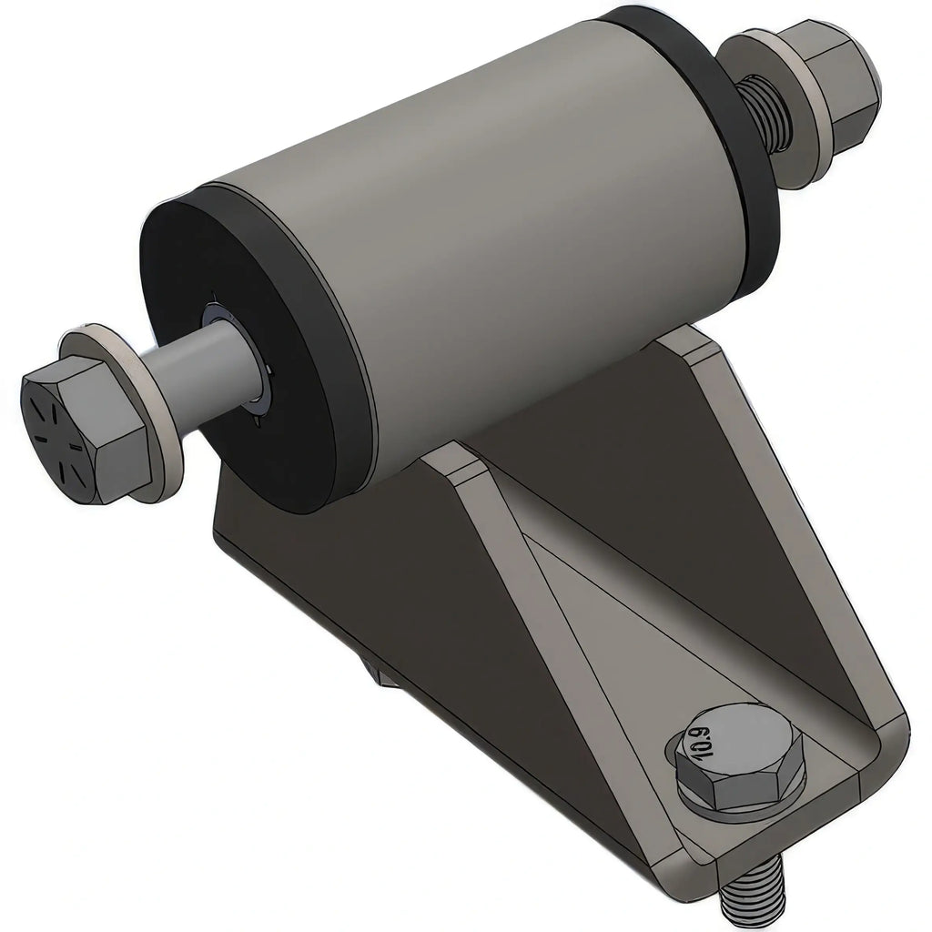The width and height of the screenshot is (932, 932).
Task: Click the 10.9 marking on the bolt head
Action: (701, 737)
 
